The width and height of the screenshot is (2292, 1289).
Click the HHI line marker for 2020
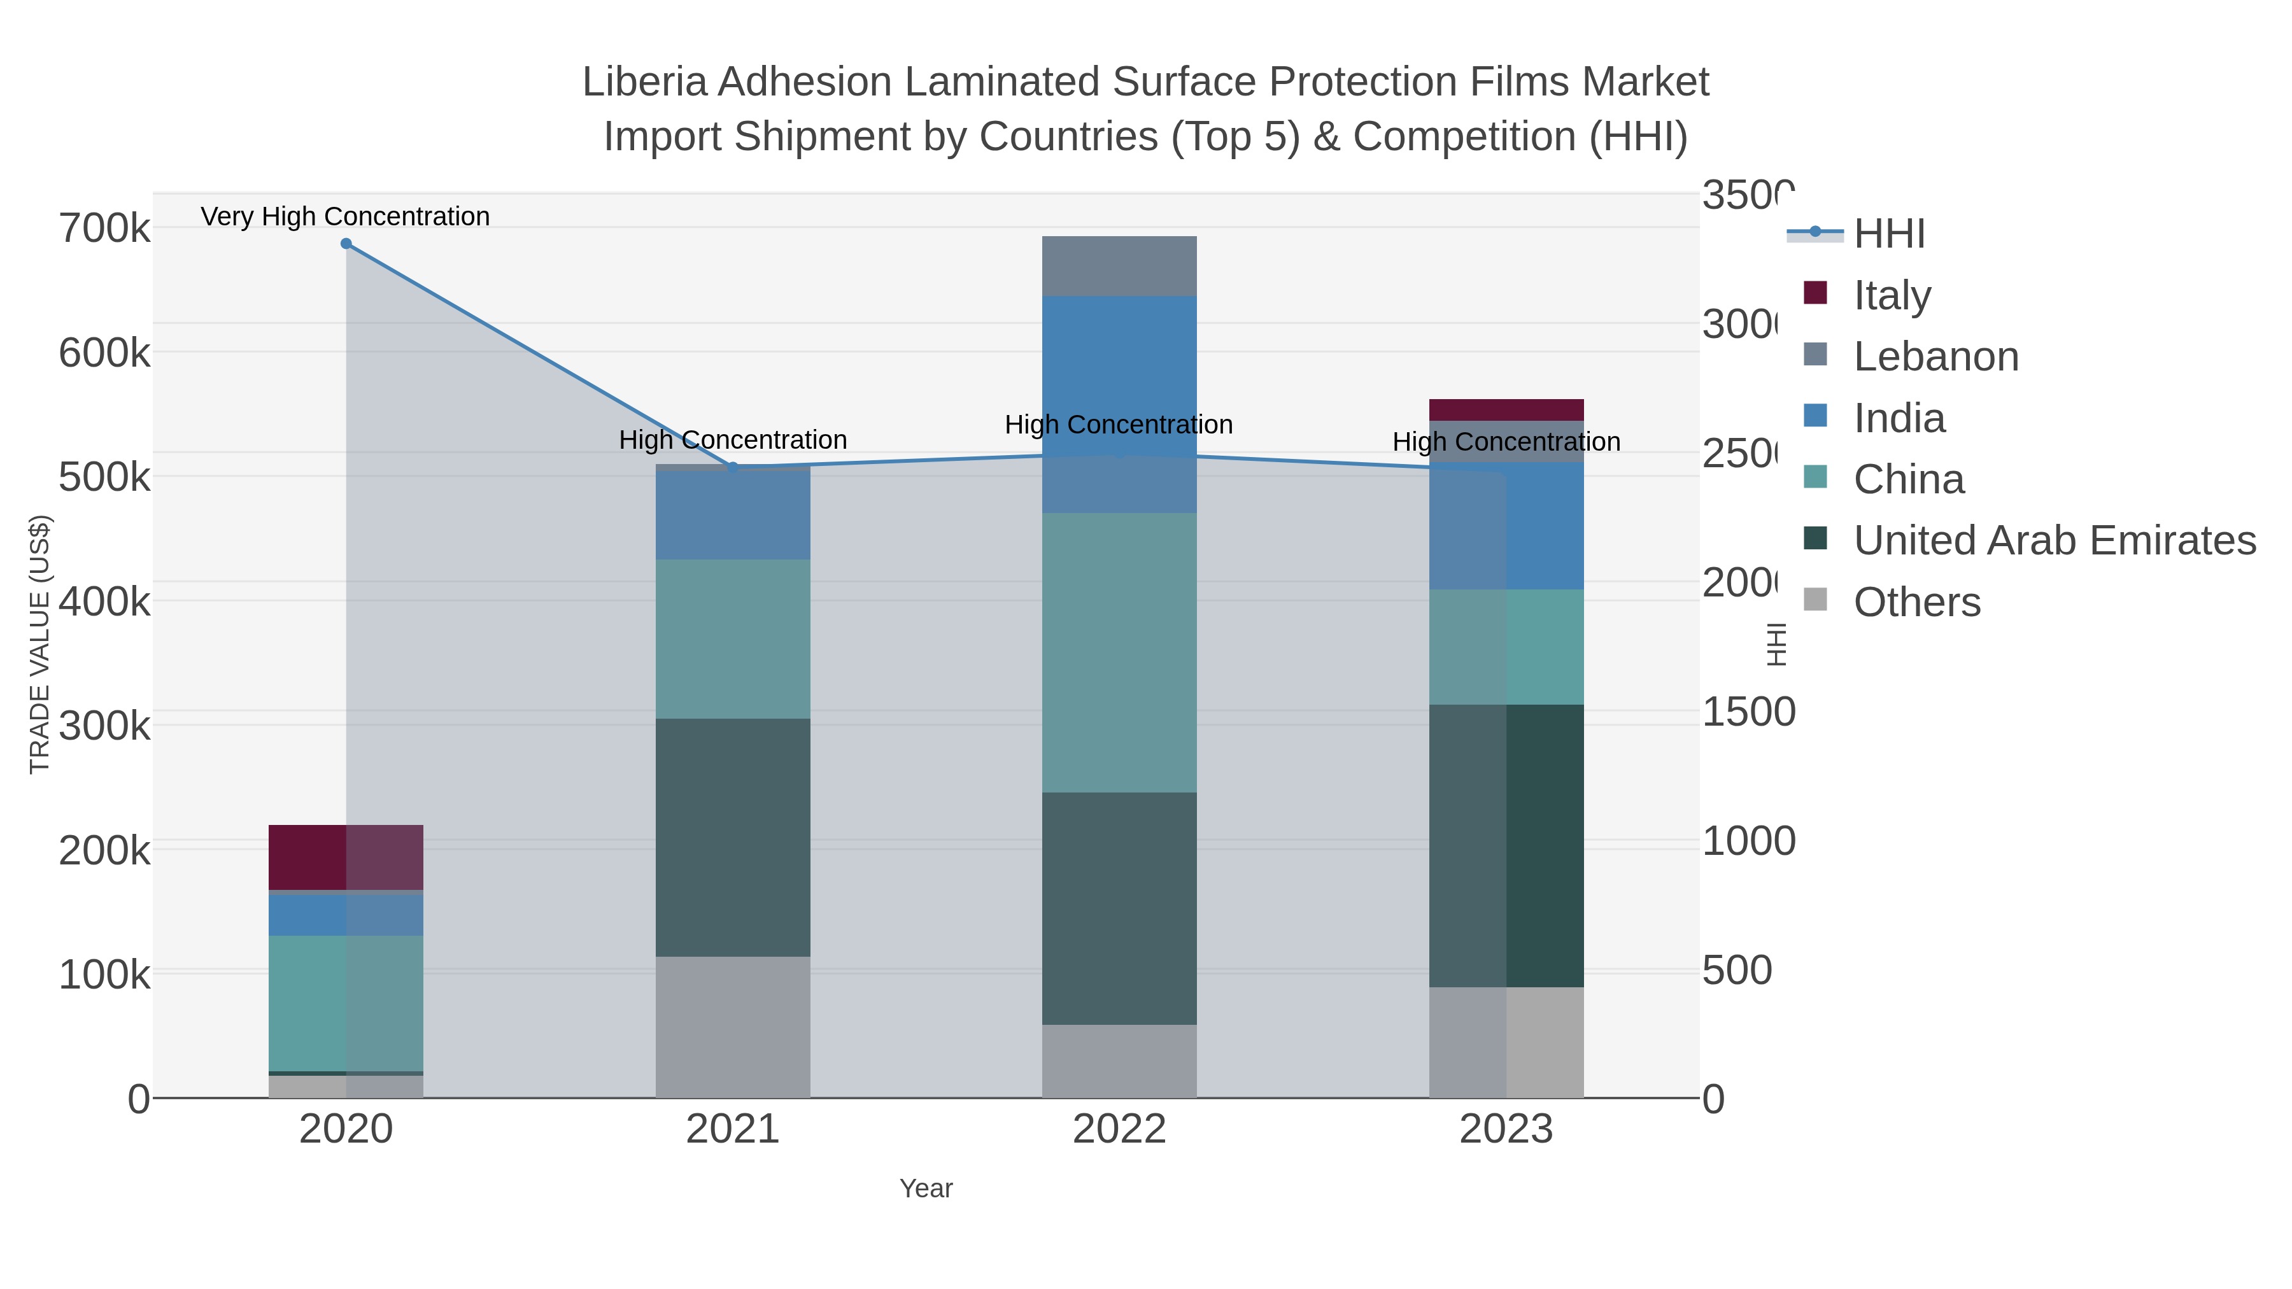(x=346, y=244)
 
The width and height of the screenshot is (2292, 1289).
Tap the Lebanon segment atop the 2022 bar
(x=1119, y=266)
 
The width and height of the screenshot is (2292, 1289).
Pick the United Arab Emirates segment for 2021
(x=732, y=837)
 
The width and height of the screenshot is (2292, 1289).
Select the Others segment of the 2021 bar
(x=732, y=1027)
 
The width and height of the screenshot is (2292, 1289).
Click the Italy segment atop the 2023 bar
(x=1506, y=410)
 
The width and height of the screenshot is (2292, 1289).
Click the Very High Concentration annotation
(x=345, y=216)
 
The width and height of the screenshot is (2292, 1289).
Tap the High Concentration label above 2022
(x=1119, y=425)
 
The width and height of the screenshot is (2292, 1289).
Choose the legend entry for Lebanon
(x=1935, y=356)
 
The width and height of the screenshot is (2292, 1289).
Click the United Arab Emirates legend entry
(x=2053, y=541)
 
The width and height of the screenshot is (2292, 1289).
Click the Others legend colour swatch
(x=1815, y=600)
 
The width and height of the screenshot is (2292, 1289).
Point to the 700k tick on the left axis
(x=104, y=229)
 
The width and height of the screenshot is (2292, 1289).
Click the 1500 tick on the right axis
(x=1748, y=712)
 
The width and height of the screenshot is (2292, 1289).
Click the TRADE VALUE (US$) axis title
(x=40, y=643)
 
